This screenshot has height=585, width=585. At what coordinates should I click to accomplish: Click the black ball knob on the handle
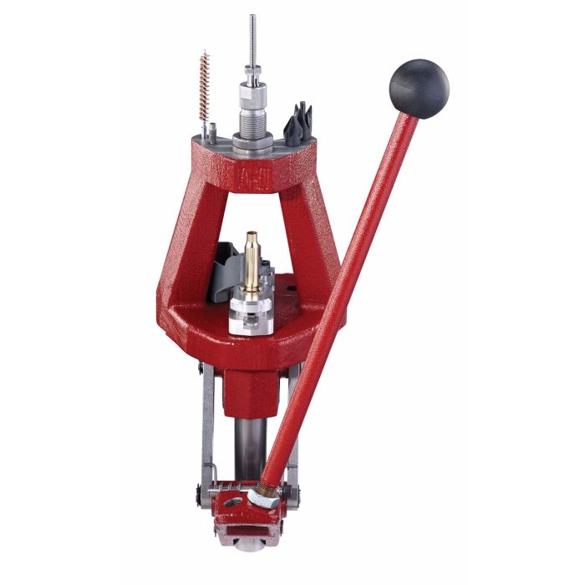[419, 88]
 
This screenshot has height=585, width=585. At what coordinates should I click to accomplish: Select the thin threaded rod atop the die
[252, 42]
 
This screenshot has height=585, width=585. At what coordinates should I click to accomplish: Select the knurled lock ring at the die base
[252, 143]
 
